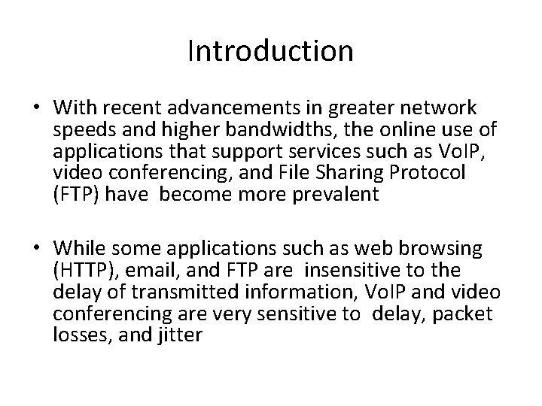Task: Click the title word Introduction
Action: click(x=270, y=51)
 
